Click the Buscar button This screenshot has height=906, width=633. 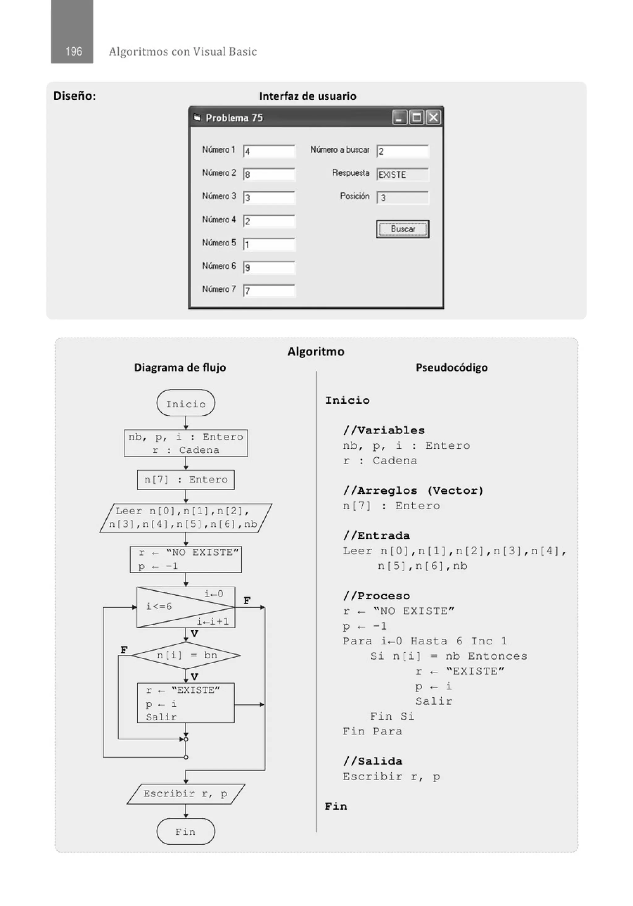point(402,229)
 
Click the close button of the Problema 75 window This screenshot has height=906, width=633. point(433,117)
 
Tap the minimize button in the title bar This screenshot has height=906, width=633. point(399,117)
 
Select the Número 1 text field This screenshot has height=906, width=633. point(269,151)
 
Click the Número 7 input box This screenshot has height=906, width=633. point(269,291)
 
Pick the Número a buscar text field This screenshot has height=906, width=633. point(402,151)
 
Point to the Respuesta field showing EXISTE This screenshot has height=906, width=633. point(402,174)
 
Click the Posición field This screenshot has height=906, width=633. point(402,198)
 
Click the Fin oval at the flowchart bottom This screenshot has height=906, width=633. point(186,832)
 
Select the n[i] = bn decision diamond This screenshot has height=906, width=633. point(186,655)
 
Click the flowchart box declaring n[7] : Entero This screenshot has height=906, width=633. point(186,479)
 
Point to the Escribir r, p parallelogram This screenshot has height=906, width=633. point(186,793)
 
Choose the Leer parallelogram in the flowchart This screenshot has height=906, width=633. point(186,518)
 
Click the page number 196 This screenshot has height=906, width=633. point(73,51)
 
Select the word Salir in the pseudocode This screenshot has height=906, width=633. point(433,701)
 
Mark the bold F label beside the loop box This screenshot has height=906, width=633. point(247,601)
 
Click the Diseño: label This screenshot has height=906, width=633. point(74,96)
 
